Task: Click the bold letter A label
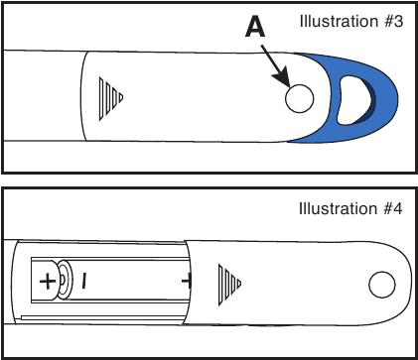255,31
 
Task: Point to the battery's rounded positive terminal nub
64,281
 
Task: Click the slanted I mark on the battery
84,282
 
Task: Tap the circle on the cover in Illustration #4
381,286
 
